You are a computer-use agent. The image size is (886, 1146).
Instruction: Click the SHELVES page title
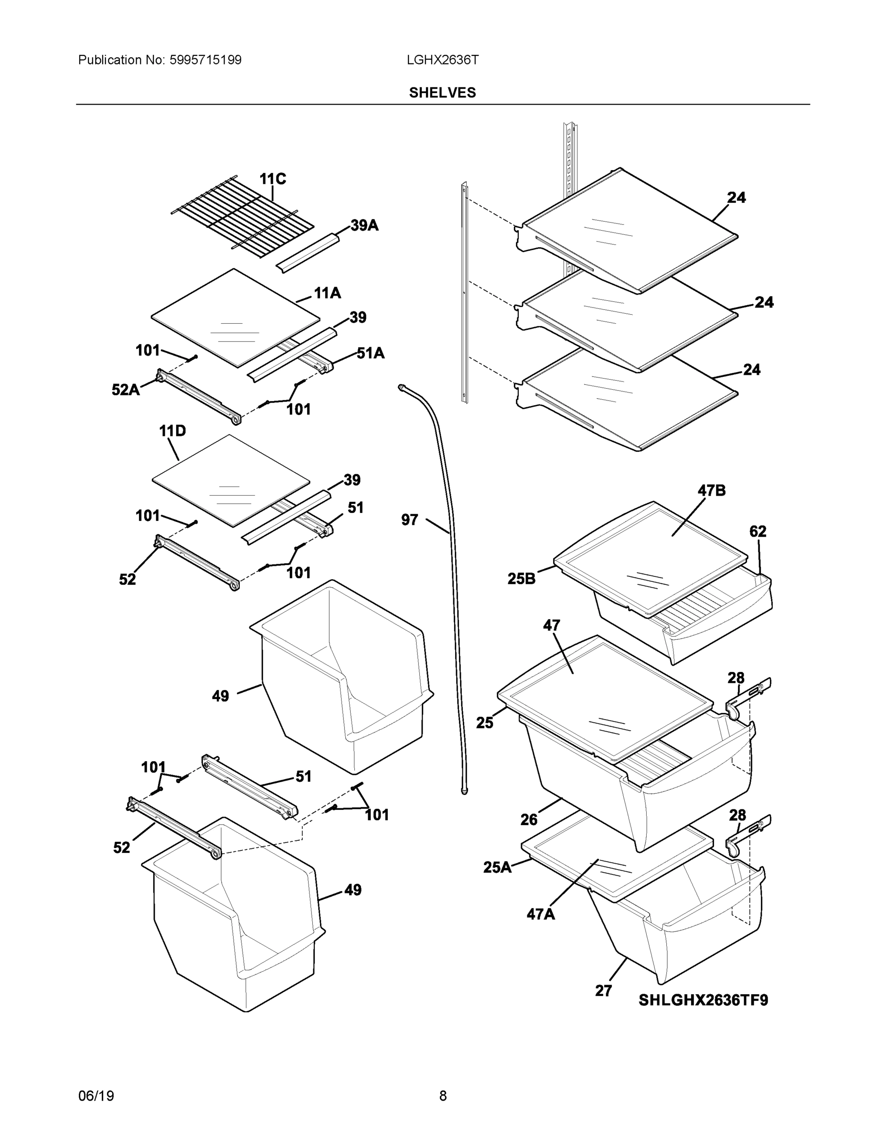click(442, 93)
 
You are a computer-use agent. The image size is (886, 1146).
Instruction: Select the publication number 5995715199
click(205, 60)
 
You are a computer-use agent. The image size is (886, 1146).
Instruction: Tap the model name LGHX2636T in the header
click(442, 60)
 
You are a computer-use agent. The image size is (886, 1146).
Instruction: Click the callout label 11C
click(272, 180)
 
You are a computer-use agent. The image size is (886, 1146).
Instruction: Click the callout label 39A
click(364, 226)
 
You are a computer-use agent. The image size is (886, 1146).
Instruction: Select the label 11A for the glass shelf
click(327, 293)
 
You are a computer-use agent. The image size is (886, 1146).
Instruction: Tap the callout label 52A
click(126, 390)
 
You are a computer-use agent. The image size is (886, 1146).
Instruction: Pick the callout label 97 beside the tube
click(409, 520)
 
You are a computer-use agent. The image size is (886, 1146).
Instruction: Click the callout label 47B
click(711, 490)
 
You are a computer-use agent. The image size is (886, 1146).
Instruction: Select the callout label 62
click(758, 531)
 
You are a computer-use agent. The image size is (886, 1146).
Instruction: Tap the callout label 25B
click(521, 579)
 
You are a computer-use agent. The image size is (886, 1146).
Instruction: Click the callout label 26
click(529, 819)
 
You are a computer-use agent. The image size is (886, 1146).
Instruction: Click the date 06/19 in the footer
click(96, 1096)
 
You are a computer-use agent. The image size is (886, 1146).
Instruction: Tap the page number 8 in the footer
click(442, 1096)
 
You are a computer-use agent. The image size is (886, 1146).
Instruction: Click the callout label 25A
click(497, 867)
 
